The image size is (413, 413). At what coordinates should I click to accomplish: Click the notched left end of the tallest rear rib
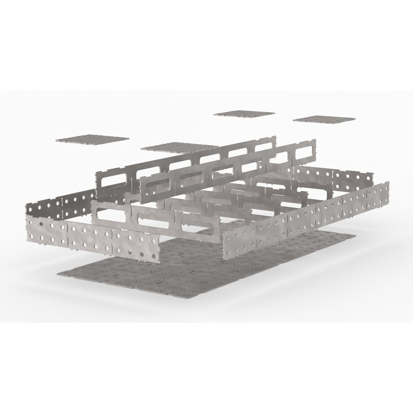click(x=97, y=179)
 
